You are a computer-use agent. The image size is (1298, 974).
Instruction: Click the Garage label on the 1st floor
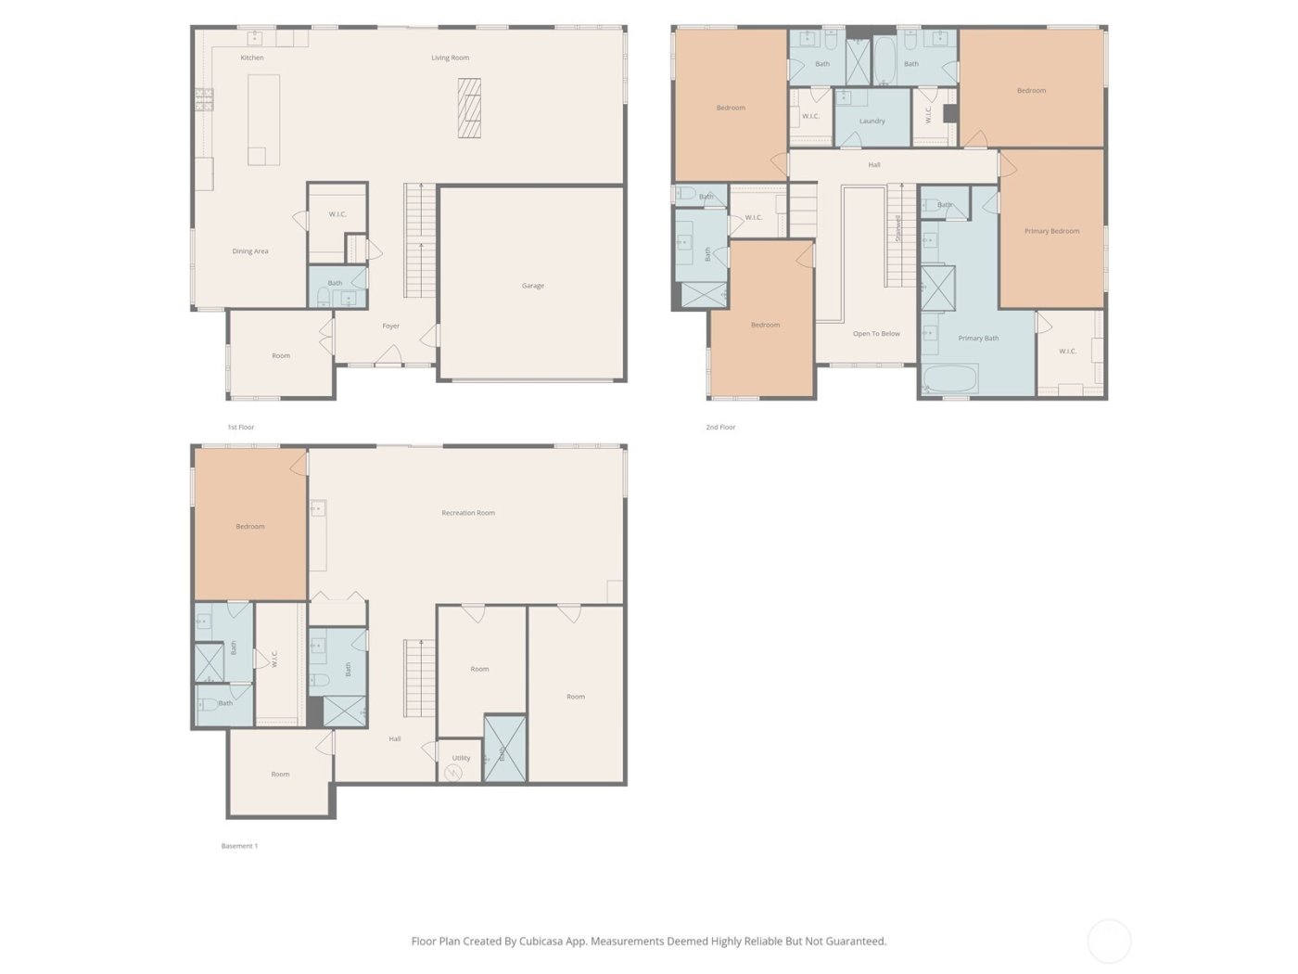coord(532,286)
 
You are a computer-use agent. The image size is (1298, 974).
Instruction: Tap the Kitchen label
coord(252,58)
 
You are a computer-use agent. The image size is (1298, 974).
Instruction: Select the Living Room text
coord(450,58)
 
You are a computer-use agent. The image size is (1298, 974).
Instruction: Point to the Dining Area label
coord(250,251)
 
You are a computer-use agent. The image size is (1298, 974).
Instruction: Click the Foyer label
coord(391,326)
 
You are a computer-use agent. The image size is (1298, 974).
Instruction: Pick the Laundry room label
coord(872,121)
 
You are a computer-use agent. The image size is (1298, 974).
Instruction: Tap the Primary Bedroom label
coord(1051,231)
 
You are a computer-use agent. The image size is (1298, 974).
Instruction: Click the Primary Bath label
coord(978,339)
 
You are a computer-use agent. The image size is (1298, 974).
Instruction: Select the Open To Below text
coord(876,334)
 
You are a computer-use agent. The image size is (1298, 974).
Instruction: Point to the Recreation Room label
coord(468,513)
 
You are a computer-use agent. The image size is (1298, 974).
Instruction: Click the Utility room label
coord(461,758)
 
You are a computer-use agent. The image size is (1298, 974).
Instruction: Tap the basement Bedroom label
coord(250,527)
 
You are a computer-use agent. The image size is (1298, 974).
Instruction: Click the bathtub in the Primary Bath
coord(950,378)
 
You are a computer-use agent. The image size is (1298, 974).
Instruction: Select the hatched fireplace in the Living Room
coord(470,108)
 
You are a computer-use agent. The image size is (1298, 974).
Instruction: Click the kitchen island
coord(264,120)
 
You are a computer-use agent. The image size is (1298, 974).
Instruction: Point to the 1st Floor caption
coord(241,428)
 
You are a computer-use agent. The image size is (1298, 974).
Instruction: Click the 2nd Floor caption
coord(720,428)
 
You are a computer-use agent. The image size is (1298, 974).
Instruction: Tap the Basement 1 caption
coord(239,846)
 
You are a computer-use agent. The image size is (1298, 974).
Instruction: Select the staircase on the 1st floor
coord(420,241)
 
